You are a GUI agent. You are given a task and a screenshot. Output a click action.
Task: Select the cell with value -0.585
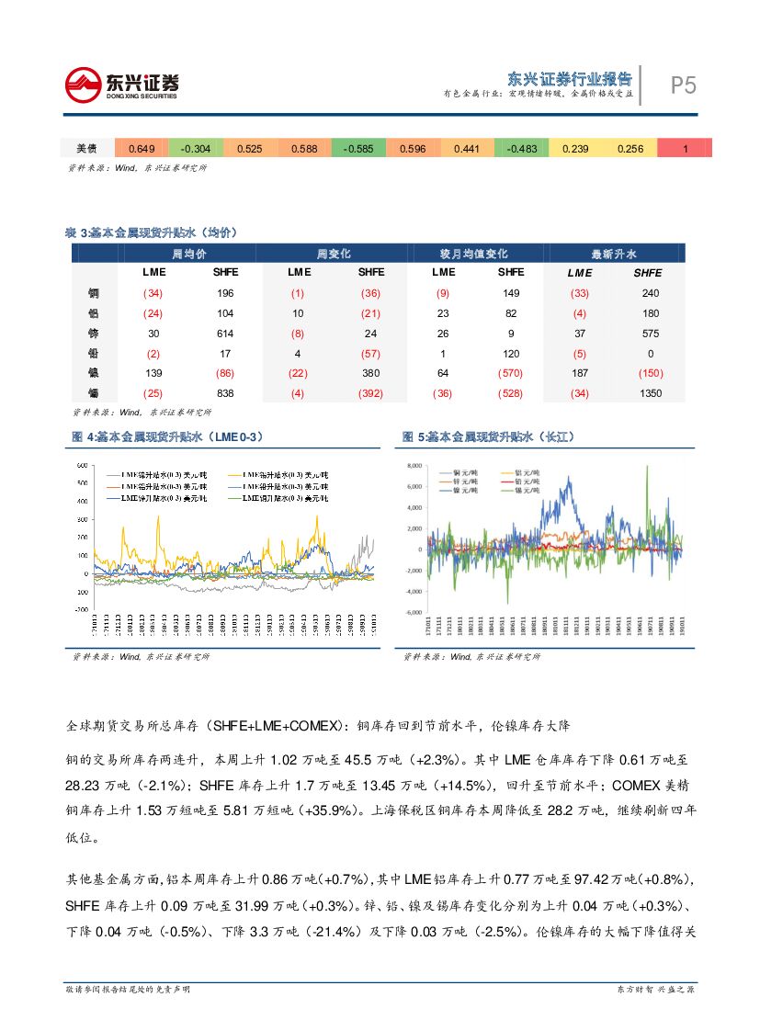[357, 149]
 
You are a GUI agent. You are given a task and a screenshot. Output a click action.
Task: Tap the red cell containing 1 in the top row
[685, 149]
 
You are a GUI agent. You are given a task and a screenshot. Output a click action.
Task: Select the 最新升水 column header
[615, 254]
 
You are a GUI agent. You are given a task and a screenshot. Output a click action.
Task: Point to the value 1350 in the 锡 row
[650, 393]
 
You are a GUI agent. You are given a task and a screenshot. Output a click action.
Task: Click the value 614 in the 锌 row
[225, 333]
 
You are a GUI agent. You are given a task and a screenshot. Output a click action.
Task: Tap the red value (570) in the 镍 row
[511, 373]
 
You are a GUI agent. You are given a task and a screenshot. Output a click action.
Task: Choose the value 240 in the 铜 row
[650, 293]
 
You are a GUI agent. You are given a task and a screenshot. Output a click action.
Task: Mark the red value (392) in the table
[371, 393]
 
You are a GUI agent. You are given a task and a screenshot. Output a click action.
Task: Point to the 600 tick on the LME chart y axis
[81, 465]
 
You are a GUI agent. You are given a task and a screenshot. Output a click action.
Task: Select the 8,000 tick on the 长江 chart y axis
[413, 465]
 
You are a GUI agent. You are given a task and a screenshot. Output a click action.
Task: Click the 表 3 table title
[152, 232]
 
